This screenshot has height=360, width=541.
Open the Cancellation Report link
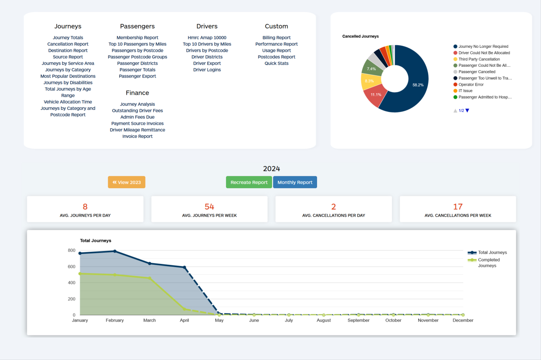[x=68, y=44]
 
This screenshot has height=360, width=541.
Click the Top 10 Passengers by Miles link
[x=137, y=44]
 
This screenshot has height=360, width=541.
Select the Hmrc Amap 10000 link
[x=207, y=37]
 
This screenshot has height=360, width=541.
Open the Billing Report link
[x=277, y=37]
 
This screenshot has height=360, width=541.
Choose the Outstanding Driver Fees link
[x=137, y=111]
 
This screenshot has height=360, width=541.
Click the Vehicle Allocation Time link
[x=68, y=102]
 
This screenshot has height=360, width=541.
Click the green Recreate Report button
[x=249, y=182]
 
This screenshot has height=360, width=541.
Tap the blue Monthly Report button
[x=295, y=182]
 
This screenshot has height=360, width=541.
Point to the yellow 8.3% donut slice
[x=369, y=81]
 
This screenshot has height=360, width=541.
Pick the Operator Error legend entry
[x=471, y=84]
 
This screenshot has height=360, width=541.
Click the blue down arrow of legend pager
[x=467, y=111]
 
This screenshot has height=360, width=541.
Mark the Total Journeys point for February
[x=115, y=251]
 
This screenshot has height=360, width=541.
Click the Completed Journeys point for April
[x=184, y=309]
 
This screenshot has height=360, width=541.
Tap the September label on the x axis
[x=358, y=320]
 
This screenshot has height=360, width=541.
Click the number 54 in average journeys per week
[x=209, y=207]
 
